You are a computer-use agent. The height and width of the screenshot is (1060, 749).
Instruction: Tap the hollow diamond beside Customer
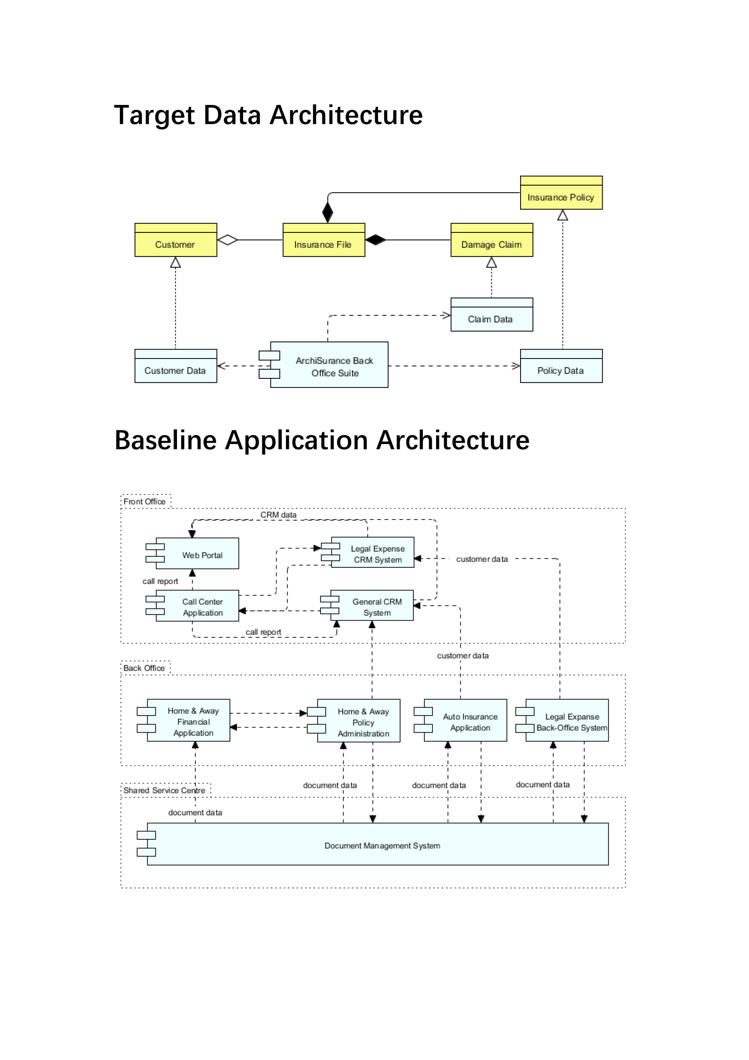coord(227,240)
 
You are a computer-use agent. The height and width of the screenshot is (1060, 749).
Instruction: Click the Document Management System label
coord(382,846)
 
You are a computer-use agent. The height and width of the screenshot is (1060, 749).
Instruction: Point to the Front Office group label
coord(144,502)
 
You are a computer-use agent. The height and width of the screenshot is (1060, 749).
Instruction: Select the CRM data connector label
coord(278,515)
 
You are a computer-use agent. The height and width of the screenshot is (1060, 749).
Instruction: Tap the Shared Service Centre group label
coord(164,790)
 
